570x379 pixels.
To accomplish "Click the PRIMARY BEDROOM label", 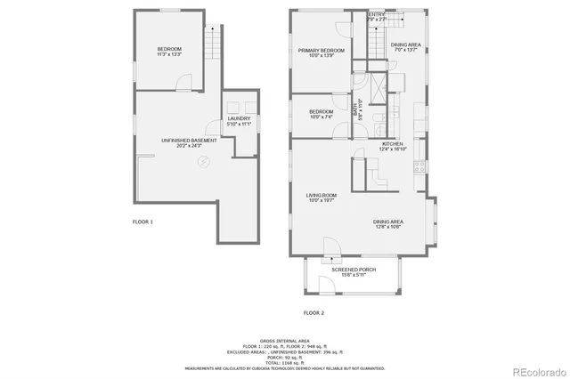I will [x=321, y=51].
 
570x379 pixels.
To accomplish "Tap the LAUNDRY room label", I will [x=239, y=118].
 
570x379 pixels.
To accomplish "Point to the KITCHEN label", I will [x=394, y=144].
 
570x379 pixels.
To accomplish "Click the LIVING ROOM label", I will [x=321, y=196].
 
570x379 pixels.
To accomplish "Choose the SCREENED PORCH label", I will [x=353, y=269].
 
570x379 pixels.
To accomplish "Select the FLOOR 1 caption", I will [x=142, y=221].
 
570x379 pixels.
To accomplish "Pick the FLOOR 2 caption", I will [x=313, y=313].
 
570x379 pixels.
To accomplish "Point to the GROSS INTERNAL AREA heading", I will [x=284, y=341].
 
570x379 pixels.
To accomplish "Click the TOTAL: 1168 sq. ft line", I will [x=284, y=362].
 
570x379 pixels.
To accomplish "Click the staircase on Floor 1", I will [x=211, y=40].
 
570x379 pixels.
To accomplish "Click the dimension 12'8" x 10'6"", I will [x=389, y=226].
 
